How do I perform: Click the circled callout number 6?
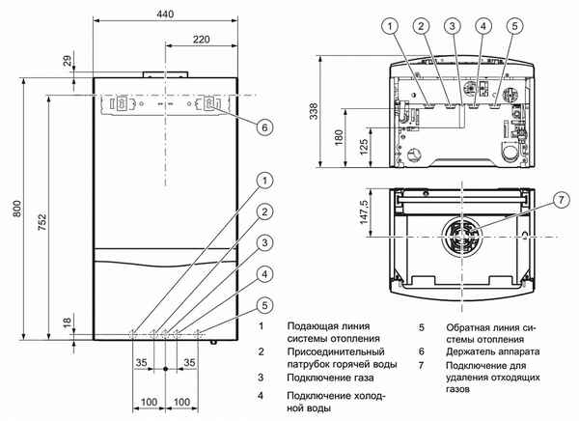pyautogui.click(x=263, y=125)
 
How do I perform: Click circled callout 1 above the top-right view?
pyautogui.click(x=389, y=26)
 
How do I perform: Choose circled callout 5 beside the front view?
pyautogui.click(x=263, y=306)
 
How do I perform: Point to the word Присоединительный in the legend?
pyautogui.click(x=337, y=353)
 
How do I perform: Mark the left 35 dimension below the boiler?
pyautogui.click(x=141, y=362)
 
